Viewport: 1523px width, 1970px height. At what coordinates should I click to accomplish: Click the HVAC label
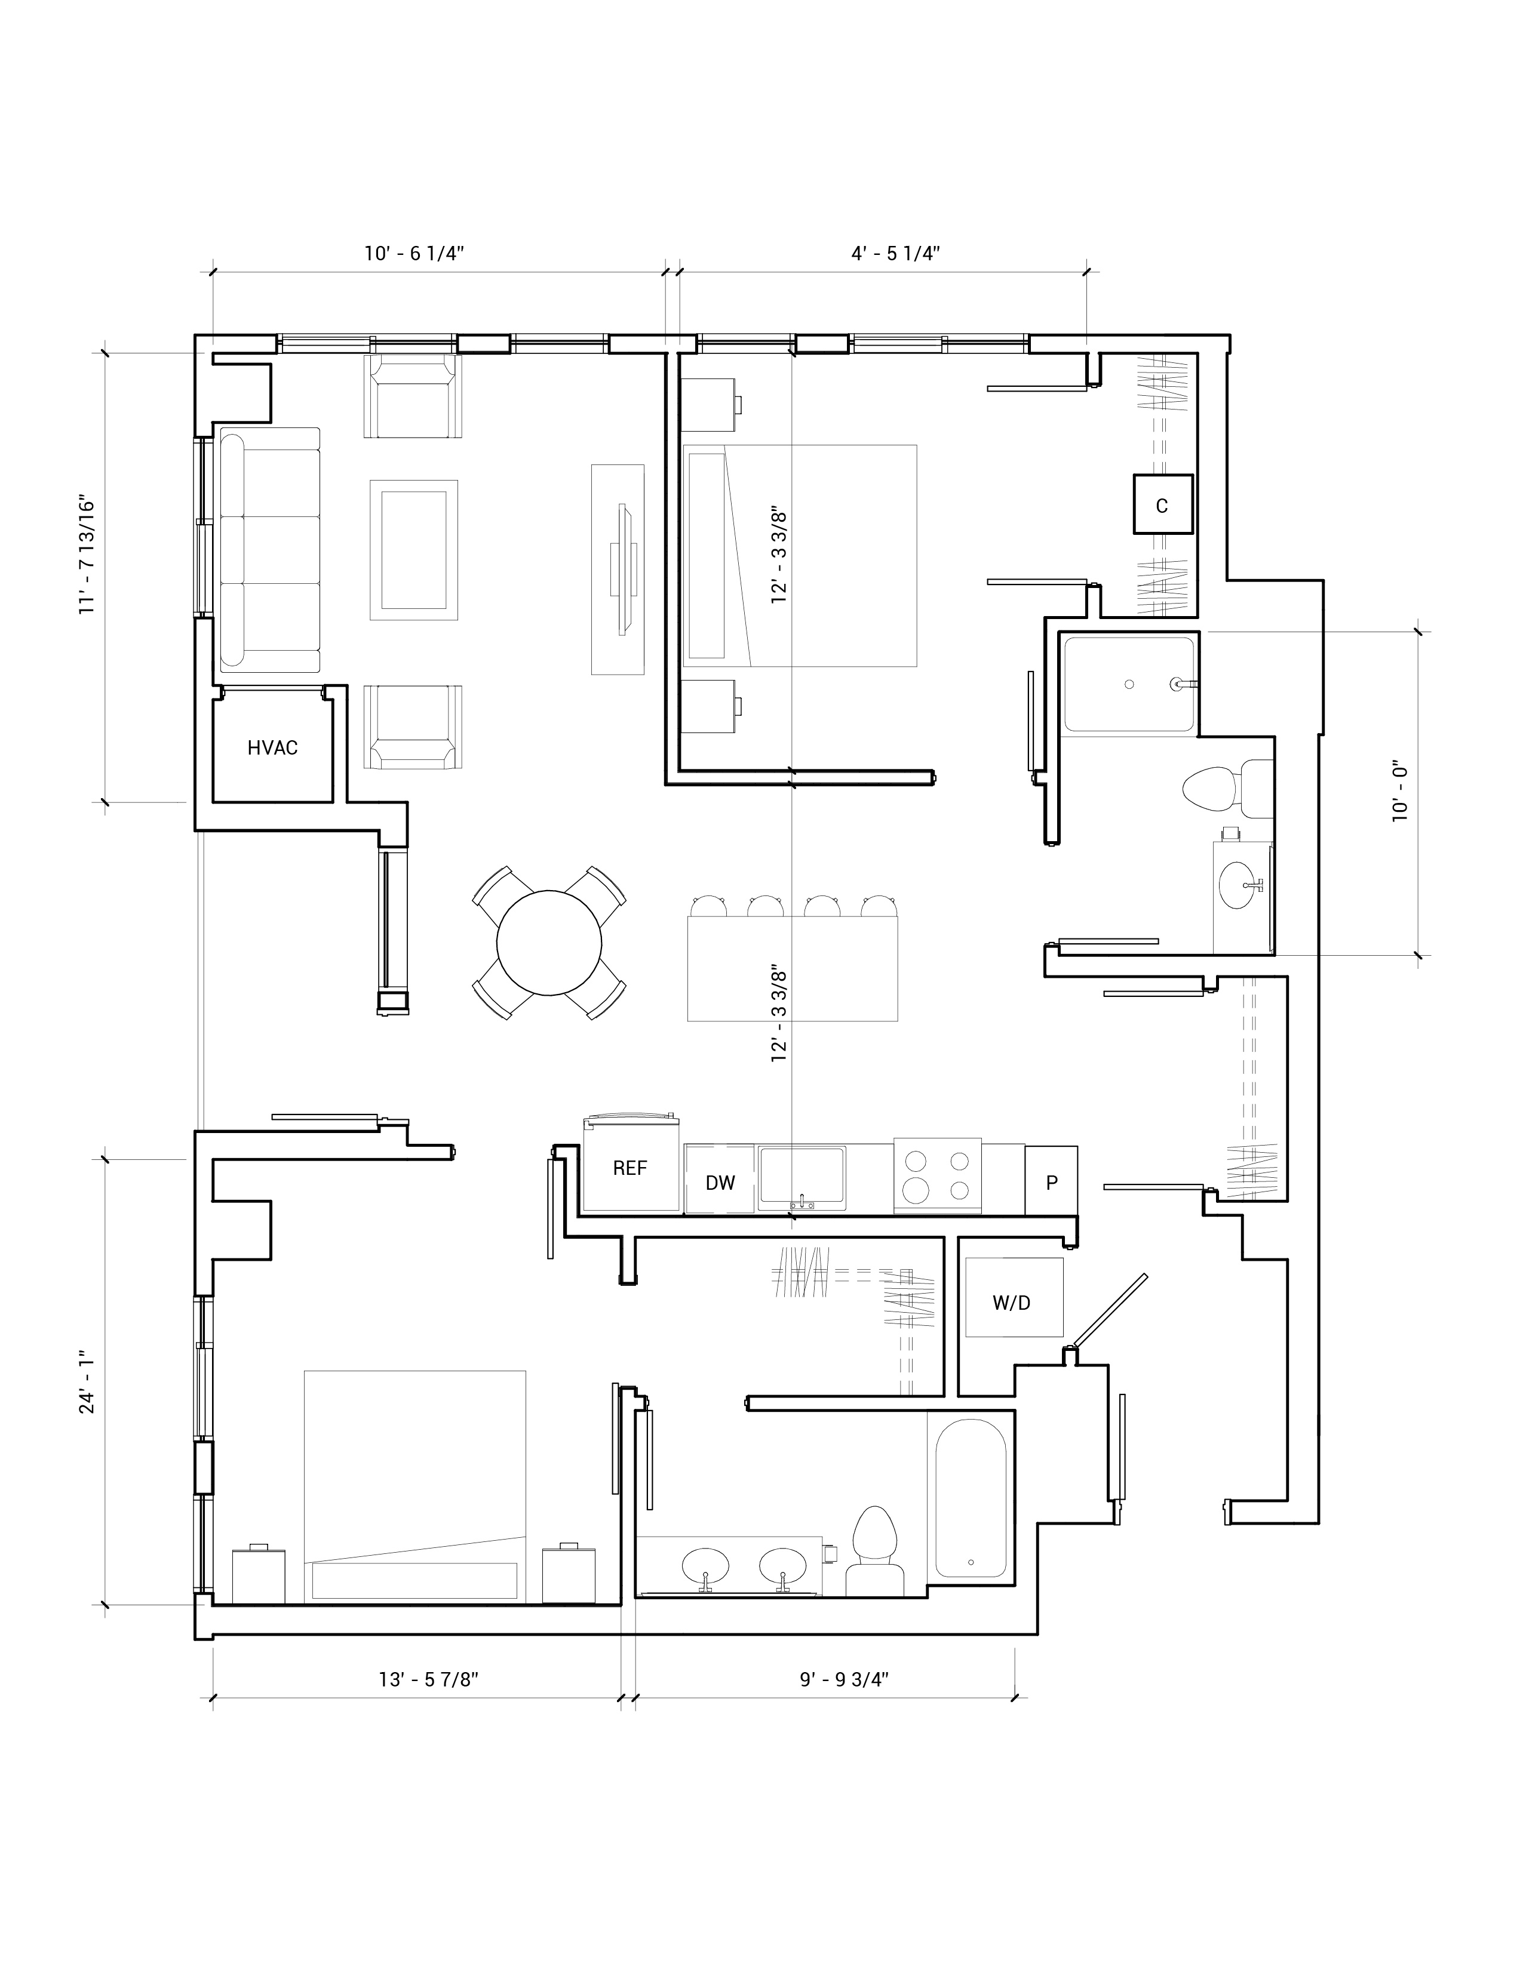(272, 748)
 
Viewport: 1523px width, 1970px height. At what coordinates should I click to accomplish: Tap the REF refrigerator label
(630, 1168)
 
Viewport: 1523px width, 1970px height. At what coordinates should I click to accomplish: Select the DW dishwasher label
(720, 1183)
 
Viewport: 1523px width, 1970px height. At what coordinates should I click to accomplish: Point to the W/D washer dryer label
(1011, 1303)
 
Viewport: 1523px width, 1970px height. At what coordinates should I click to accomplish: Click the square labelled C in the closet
(1163, 504)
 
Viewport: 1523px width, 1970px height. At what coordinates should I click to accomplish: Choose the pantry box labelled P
(1051, 1180)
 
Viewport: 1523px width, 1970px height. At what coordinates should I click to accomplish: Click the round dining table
(548, 943)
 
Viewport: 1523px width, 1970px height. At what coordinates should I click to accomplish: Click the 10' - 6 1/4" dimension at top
(414, 254)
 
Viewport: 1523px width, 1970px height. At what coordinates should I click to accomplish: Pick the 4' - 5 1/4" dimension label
(896, 254)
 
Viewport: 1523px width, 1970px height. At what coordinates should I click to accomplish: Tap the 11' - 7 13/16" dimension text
(88, 555)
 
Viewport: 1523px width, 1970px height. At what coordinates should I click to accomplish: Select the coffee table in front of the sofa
(413, 549)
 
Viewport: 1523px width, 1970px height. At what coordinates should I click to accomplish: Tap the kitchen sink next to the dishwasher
(801, 1177)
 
